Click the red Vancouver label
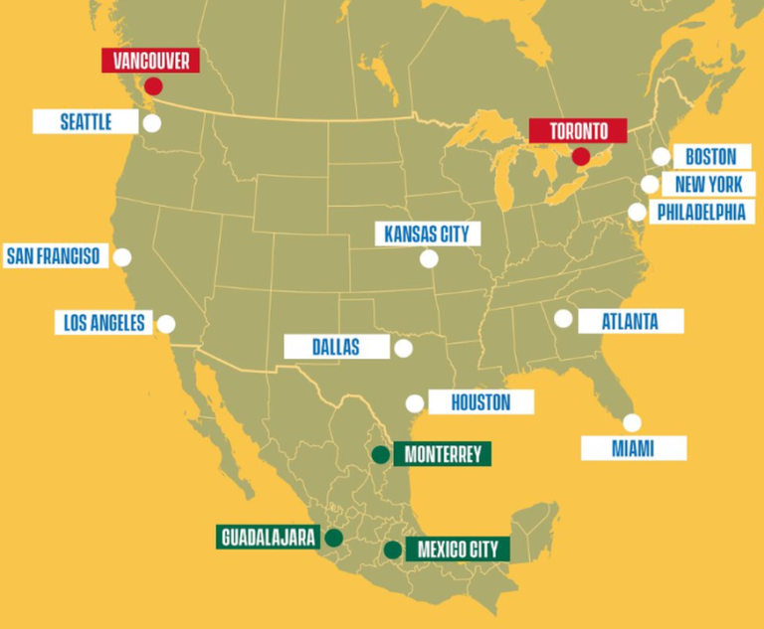(x=151, y=61)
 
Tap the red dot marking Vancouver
(x=153, y=86)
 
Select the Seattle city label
(x=86, y=122)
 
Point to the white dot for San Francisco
(x=122, y=257)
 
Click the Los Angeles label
(x=103, y=323)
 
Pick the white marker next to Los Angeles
(x=166, y=324)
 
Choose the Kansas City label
(x=428, y=235)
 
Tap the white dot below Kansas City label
(x=429, y=259)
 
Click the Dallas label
(x=335, y=347)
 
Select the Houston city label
(x=480, y=402)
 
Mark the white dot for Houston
(x=415, y=403)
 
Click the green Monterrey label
(x=443, y=455)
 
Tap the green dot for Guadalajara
(x=334, y=538)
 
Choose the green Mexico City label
(x=458, y=550)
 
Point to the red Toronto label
(x=578, y=131)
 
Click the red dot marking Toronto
(x=581, y=157)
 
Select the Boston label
(x=710, y=157)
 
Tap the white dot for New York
(x=650, y=184)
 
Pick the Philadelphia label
(x=700, y=212)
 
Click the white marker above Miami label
(x=632, y=422)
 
